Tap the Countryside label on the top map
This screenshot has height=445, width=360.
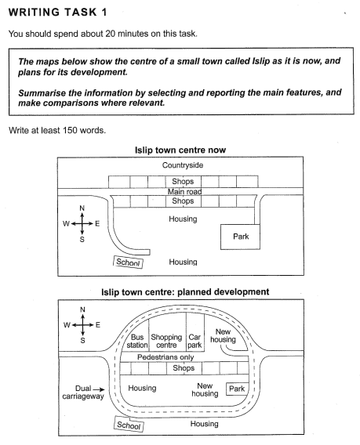[183, 165]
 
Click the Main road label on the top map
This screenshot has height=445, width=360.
[183, 191]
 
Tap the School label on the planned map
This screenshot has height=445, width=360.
[129, 425]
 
